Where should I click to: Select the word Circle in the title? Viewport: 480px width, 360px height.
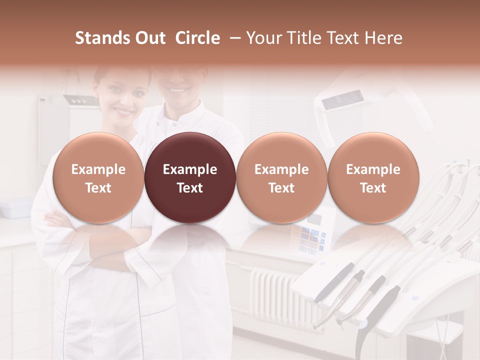pos(197,38)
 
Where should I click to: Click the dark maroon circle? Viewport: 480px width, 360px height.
pos(190,177)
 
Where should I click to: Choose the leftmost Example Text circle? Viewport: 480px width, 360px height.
pos(98,177)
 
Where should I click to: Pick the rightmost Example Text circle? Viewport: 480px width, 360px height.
pos(373,177)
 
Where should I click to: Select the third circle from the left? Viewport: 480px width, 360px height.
pos(281,177)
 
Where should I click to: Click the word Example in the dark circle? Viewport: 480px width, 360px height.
pos(190,169)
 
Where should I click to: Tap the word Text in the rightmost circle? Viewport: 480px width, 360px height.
pos(373,188)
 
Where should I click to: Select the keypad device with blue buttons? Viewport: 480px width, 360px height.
pos(312,235)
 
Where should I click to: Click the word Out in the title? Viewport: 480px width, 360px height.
pos(149,38)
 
